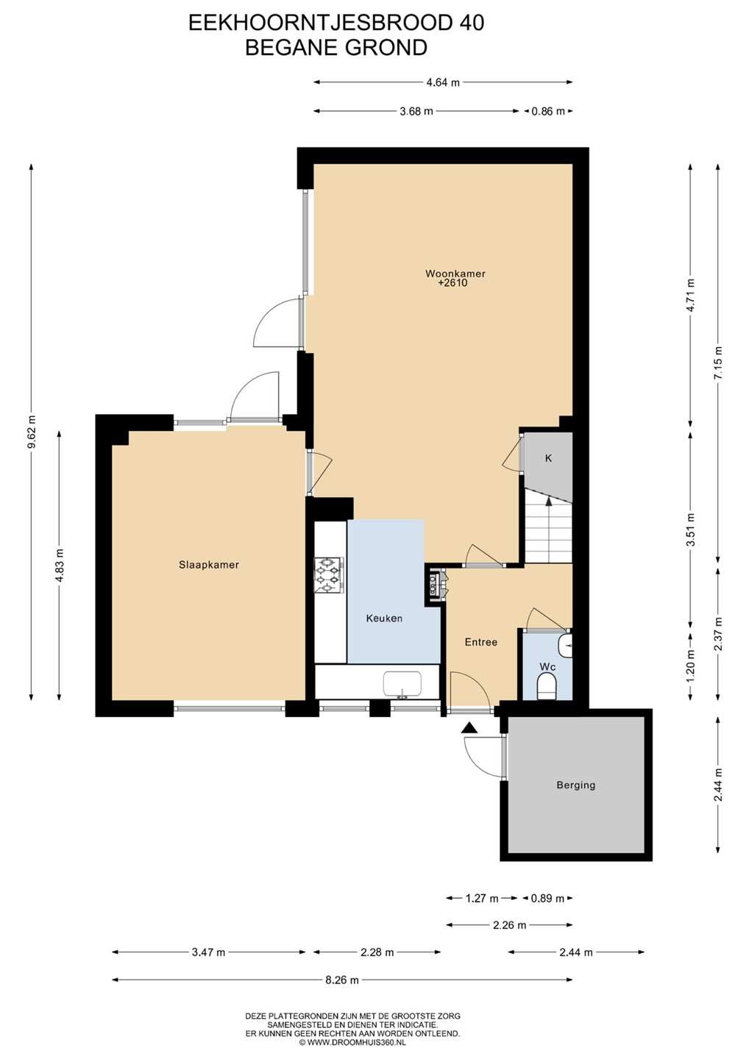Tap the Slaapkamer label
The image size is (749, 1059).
208,565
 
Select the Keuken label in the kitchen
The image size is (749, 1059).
384,618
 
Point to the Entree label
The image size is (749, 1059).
481,641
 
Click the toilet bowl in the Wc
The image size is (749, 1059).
547,687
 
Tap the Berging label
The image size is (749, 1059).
575,785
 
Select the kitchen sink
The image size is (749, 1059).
402,684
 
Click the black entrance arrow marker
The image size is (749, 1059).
469,728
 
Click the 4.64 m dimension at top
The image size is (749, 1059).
443,82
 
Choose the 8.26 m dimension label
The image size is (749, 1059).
342,980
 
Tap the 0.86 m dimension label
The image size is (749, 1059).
548,112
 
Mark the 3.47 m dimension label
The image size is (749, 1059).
208,952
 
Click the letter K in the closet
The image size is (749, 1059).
549,457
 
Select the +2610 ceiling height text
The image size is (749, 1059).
452,283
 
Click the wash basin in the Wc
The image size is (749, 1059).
565,646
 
